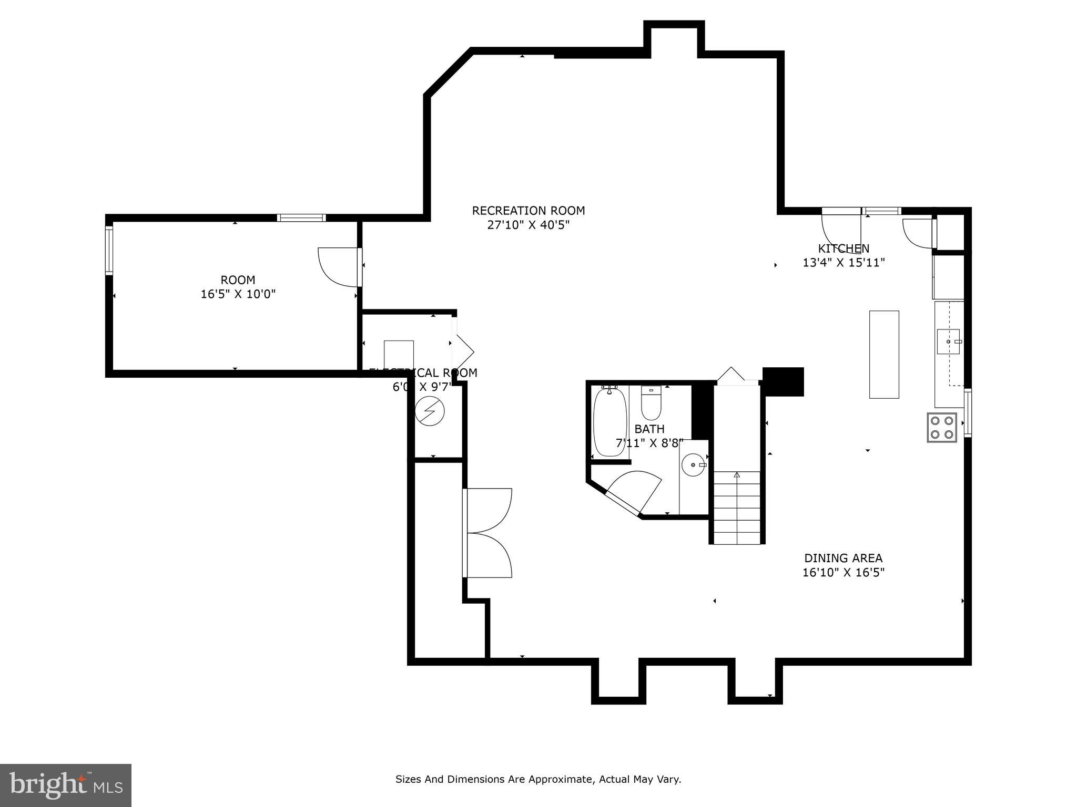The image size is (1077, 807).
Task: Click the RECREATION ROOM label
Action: coord(528,211)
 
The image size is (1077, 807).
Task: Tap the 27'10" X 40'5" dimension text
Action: coord(528,225)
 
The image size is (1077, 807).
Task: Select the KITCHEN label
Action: coord(843,249)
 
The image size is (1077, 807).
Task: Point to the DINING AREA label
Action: coord(843,558)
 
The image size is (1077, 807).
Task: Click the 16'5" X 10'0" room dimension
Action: coord(238,294)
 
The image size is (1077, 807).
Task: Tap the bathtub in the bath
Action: coord(609,422)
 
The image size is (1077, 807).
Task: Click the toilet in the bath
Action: coord(651,402)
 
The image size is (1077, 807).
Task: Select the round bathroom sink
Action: coord(694,465)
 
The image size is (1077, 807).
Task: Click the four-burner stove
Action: coord(941,427)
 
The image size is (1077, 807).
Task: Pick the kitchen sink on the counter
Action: coord(948,342)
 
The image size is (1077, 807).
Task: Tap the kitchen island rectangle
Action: coord(883,354)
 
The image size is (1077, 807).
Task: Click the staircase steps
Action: coord(737,507)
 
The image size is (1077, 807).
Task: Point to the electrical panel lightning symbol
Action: coord(430,410)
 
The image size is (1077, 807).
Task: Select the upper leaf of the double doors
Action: coord(488,510)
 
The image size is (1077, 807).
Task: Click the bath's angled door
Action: coord(634,491)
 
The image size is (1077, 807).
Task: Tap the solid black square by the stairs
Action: coord(783,381)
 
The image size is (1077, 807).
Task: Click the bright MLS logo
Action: coord(65,785)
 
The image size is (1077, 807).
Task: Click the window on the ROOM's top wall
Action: coord(301,218)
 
